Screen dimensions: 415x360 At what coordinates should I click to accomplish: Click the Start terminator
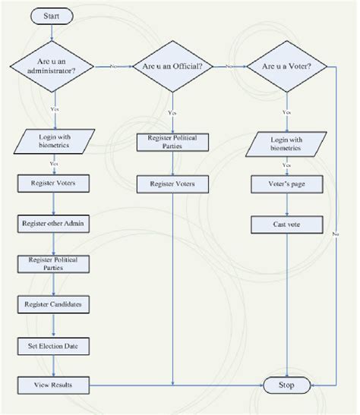tap(52, 14)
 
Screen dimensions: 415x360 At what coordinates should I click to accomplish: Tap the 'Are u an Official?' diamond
tap(173, 67)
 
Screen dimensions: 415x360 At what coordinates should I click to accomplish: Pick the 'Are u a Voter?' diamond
tap(287, 67)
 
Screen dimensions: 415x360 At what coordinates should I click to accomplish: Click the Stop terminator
tap(287, 385)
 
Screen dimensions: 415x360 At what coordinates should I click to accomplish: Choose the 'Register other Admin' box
tap(52, 224)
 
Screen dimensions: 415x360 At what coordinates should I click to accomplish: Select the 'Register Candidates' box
tap(52, 305)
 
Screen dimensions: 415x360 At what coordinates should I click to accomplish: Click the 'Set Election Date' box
tap(52, 345)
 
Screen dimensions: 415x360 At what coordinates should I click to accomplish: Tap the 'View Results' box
tap(52, 385)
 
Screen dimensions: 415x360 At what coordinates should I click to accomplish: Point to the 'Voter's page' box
tap(287, 184)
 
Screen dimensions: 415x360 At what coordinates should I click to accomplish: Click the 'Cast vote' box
tap(287, 224)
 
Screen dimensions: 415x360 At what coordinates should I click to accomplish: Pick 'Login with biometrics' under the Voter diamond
tap(287, 143)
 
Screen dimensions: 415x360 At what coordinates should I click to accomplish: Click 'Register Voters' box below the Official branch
tap(173, 184)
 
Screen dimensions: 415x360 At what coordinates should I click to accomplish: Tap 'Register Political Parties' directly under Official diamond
tap(173, 143)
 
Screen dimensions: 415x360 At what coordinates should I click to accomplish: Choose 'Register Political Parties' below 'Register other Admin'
tap(52, 264)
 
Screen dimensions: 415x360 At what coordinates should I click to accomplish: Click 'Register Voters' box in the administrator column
tap(52, 184)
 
